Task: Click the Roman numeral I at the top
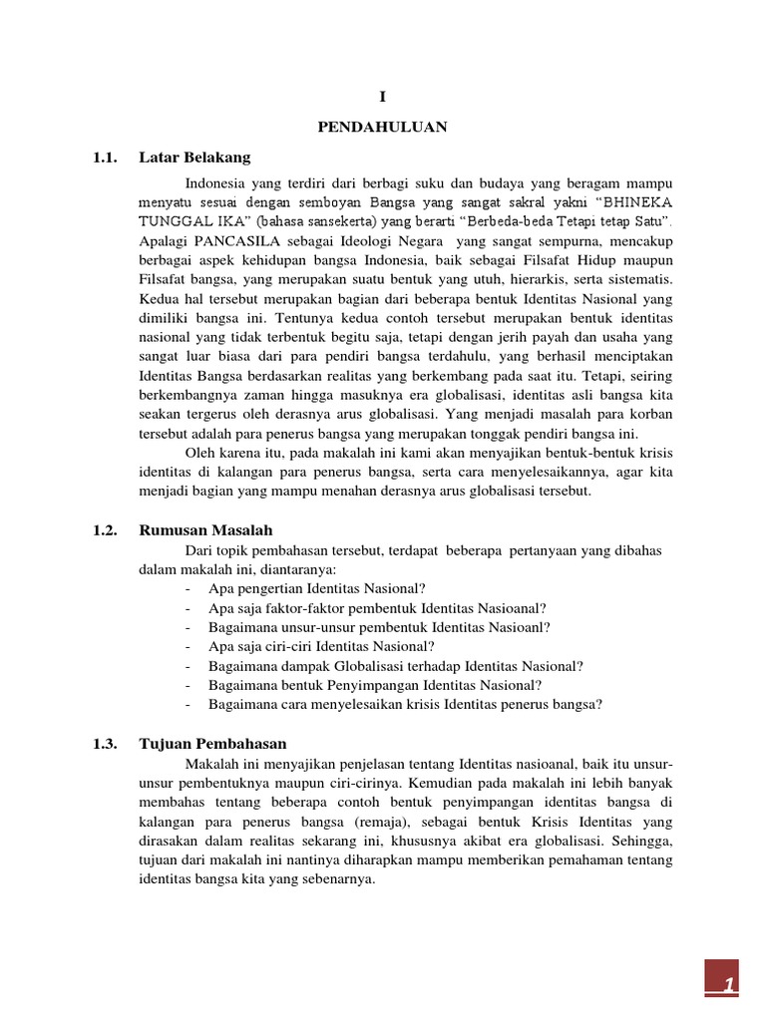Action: coord(382,97)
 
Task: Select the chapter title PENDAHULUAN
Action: coord(382,127)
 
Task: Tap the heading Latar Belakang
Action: coord(194,158)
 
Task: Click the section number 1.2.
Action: coord(105,529)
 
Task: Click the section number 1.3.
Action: coord(105,744)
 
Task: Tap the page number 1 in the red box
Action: coord(731,985)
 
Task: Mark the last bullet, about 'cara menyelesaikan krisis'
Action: coord(405,704)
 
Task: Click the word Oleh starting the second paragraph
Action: coord(200,453)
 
